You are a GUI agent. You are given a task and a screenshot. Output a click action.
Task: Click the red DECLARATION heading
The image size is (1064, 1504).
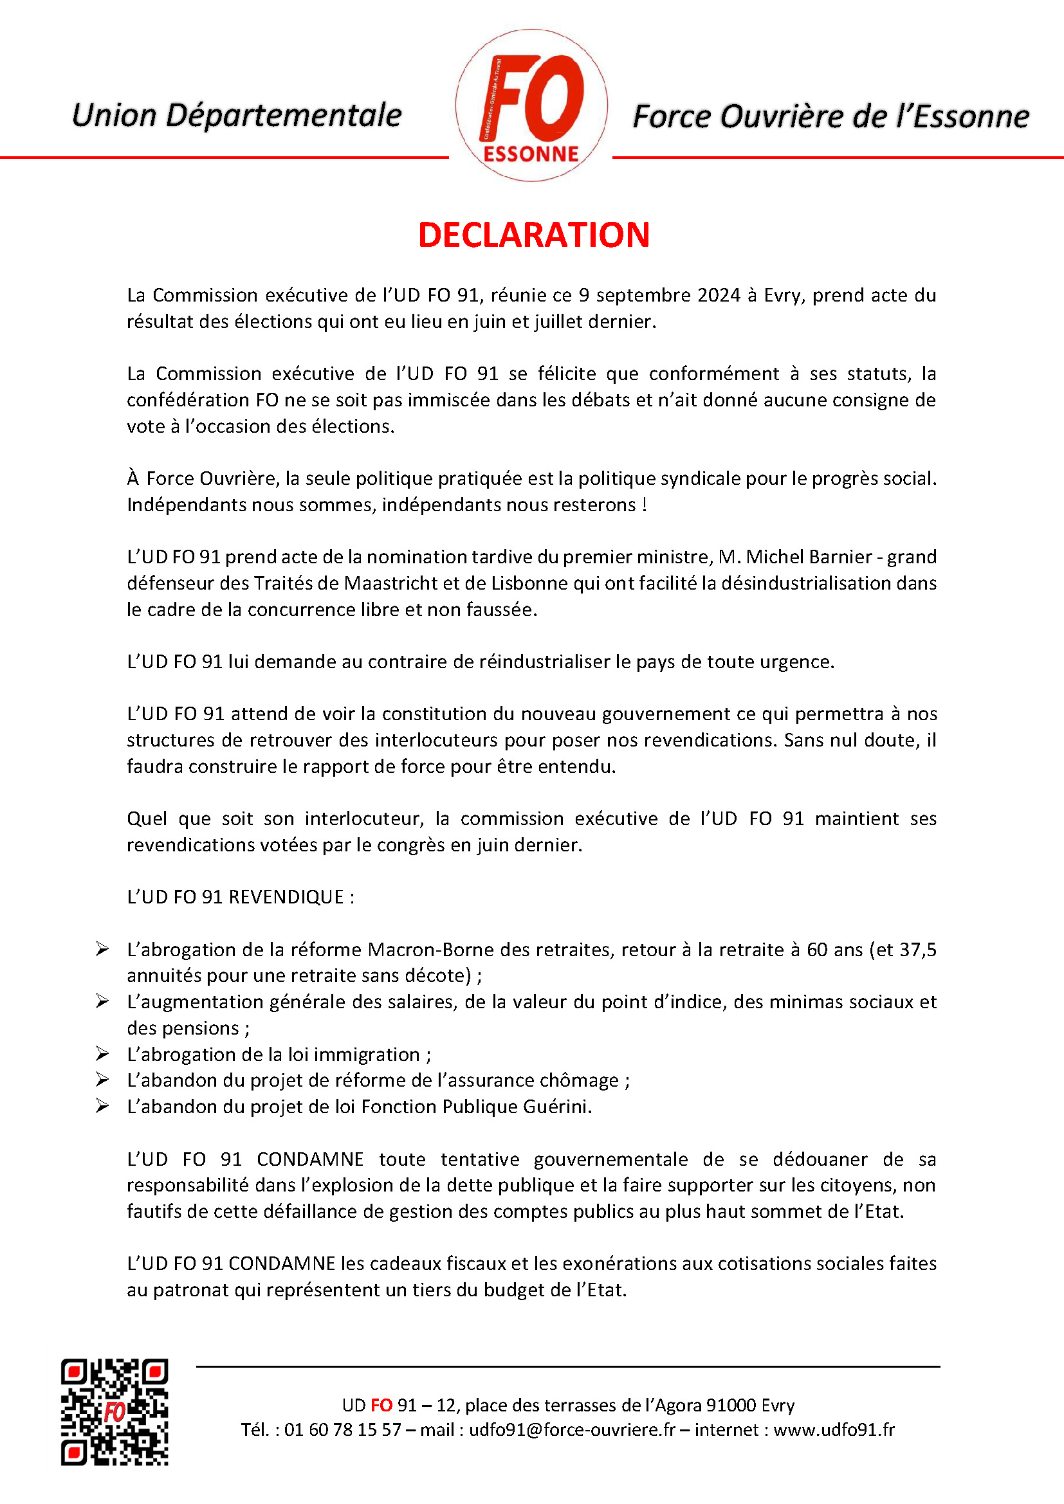(x=533, y=235)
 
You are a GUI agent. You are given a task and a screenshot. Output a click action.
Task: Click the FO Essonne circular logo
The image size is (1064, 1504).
(x=531, y=105)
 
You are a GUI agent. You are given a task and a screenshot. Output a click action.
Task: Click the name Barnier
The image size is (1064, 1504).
(x=841, y=557)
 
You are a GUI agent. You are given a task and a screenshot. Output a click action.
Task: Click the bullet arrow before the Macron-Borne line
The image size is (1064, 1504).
(x=102, y=948)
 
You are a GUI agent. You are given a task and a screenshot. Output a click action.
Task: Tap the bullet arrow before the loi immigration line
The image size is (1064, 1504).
(x=102, y=1053)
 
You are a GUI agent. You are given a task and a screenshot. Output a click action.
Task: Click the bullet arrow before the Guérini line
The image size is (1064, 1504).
(x=102, y=1106)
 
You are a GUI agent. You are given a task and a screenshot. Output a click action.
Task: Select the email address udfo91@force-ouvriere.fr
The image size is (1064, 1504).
(x=571, y=1429)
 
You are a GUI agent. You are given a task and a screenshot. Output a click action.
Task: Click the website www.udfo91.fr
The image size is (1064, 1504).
(x=833, y=1429)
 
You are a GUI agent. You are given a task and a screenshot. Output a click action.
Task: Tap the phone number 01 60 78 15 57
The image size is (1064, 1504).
(x=342, y=1429)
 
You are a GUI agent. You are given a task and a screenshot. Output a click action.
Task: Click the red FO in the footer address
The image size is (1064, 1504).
(x=381, y=1405)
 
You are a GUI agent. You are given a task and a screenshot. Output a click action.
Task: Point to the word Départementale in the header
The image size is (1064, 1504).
(x=282, y=115)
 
